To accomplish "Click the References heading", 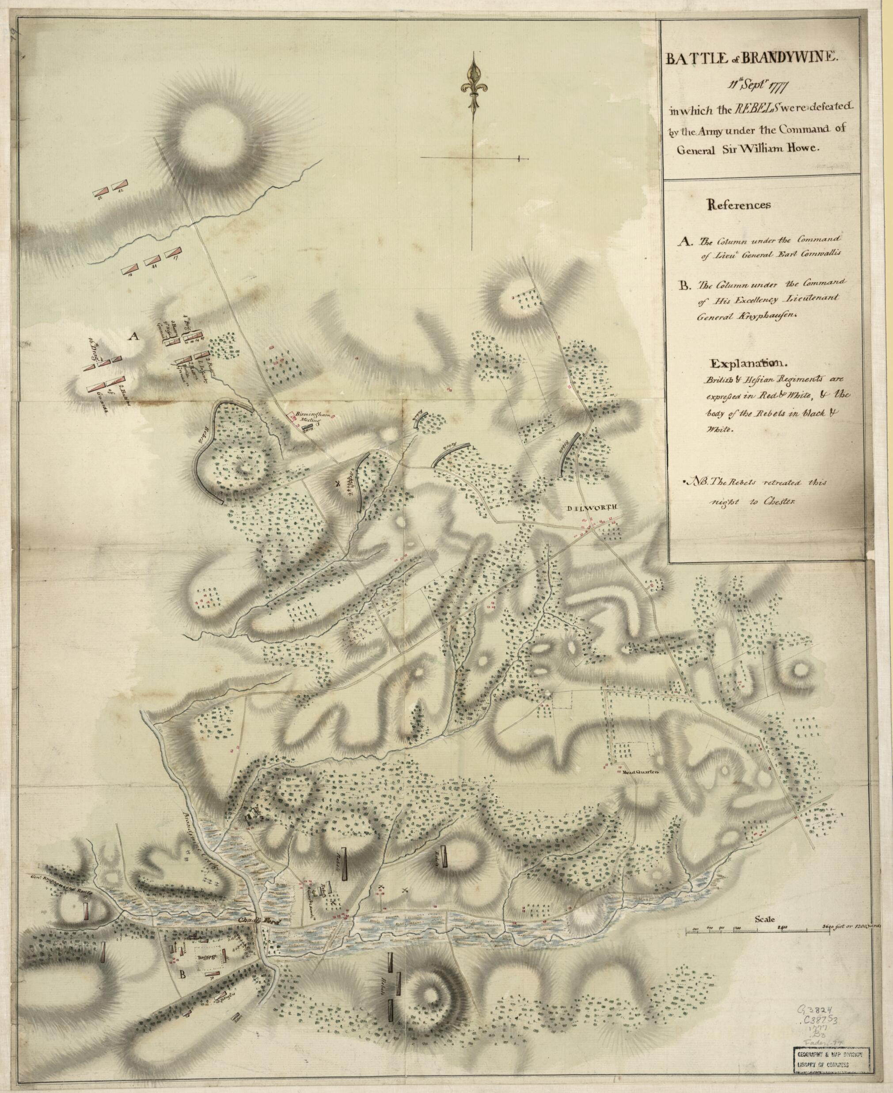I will [x=739, y=204].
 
